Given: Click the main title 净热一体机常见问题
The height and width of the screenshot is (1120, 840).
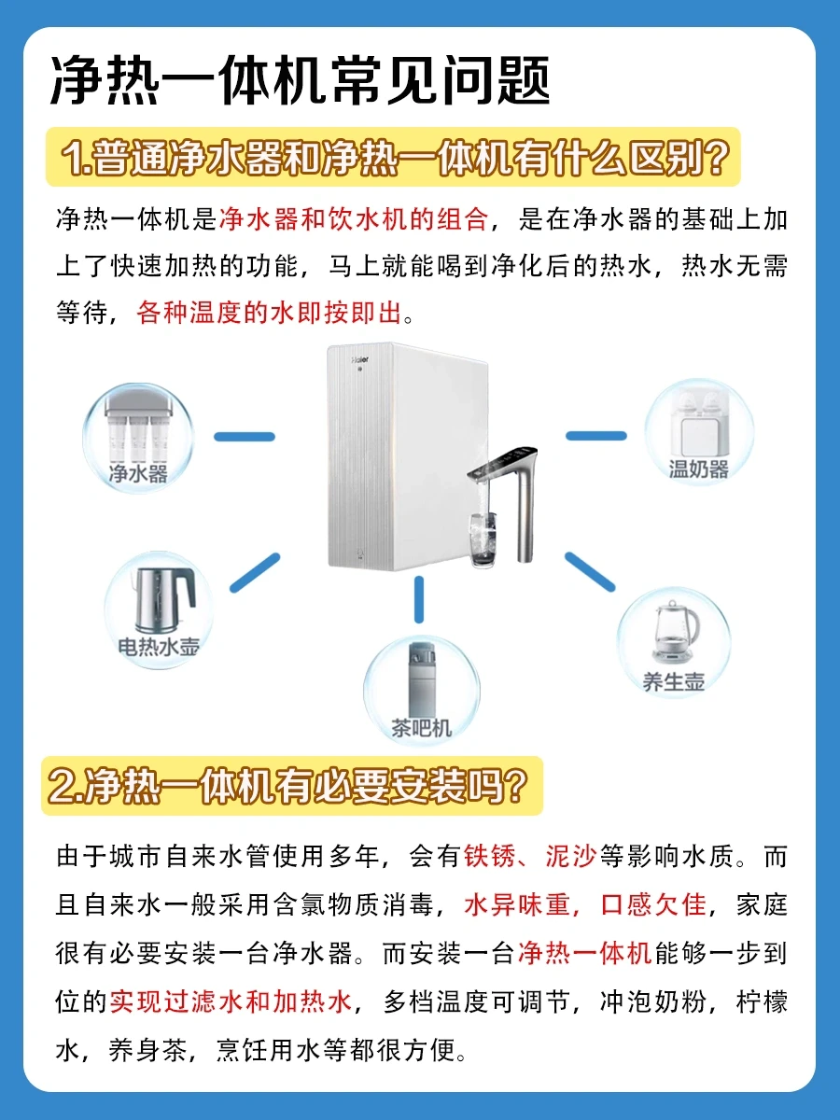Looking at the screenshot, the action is click(301, 80).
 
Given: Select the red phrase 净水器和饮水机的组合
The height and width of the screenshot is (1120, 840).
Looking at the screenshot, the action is click(354, 219).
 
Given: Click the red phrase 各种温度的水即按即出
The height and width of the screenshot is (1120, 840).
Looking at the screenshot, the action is click(269, 313).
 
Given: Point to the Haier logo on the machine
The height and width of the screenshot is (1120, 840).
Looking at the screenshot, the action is click(360, 359).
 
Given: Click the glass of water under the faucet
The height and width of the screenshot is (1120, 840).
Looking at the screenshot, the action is click(483, 539).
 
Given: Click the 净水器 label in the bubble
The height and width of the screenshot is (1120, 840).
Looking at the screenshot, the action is click(138, 473).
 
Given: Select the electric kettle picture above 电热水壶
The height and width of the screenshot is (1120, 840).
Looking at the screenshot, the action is click(162, 599).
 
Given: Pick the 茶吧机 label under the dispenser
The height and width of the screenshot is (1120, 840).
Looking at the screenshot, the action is click(421, 728).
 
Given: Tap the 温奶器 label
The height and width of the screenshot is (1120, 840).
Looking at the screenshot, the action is click(699, 469).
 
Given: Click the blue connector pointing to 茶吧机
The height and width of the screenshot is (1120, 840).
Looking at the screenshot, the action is click(419, 599).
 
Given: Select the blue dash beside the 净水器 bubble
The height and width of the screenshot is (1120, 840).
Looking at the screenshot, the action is click(245, 437).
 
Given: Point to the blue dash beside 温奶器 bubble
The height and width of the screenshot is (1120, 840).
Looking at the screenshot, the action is click(596, 436).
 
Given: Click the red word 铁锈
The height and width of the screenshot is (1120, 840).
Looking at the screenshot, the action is click(490, 856).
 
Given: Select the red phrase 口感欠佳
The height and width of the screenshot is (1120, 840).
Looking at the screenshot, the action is click(653, 904).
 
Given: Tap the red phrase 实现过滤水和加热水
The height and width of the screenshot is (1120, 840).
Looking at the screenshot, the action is click(231, 1001).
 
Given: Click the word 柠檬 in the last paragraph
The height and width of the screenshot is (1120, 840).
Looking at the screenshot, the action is click(762, 1001).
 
